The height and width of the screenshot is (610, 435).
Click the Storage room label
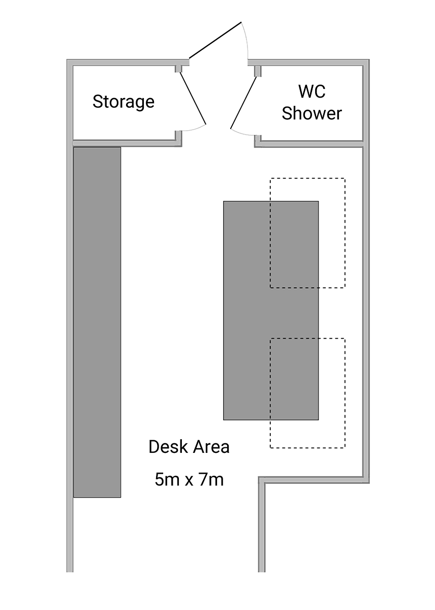(123, 102)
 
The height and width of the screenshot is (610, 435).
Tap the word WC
(312, 91)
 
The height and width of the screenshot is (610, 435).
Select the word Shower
(312, 113)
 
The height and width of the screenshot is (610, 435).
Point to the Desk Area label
(189, 447)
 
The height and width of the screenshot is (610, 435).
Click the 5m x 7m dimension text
(189, 479)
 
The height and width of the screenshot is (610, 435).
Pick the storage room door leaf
(193, 98)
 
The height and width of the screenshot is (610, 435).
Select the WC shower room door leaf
(243, 103)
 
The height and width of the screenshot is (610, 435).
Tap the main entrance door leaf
(215, 40)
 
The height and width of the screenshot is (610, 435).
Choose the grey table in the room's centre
(271, 311)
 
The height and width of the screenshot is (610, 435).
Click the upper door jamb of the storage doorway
(178, 69)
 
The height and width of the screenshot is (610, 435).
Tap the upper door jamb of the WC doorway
(258, 71)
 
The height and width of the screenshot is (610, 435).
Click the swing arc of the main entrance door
(246, 40)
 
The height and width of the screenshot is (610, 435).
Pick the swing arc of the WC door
(242, 133)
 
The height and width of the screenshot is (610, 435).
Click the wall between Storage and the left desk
(124, 143)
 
